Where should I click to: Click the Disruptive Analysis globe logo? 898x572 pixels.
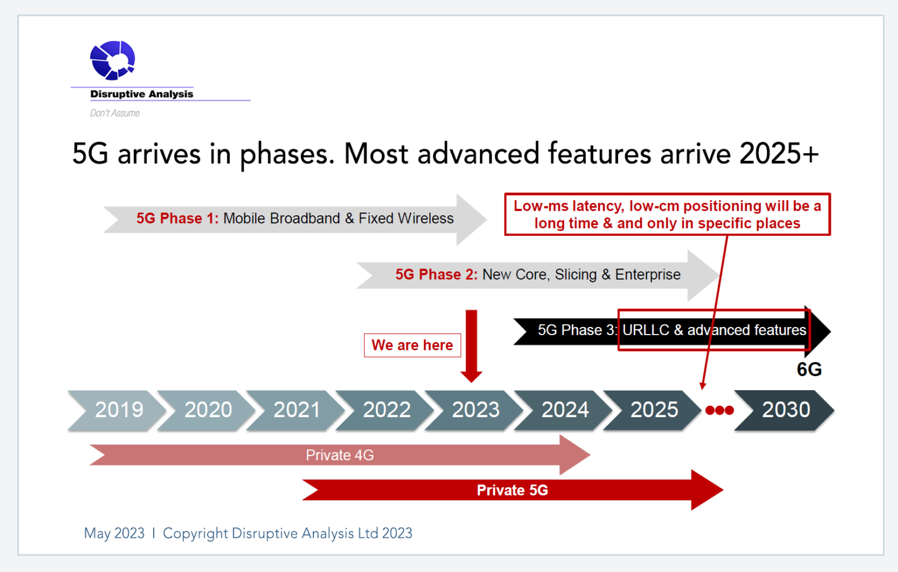(x=113, y=60)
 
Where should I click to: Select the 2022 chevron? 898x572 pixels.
(x=386, y=410)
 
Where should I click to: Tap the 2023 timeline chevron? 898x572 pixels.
(x=475, y=410)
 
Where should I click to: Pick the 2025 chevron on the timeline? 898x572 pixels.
(x=654, y=410)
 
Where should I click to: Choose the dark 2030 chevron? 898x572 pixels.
(x=785, y=410)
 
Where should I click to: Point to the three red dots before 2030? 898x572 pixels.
(x=719, y=411)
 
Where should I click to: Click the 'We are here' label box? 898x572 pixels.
(x=412, y=345)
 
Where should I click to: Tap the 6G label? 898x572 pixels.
(x=809, y=370)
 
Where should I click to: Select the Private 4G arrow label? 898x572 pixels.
(x=340, y=455)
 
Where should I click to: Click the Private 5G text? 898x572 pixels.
(x=512, y=490)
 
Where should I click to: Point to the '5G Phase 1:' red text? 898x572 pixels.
(x=177, y=219)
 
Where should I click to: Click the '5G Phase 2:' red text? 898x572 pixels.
(x=436, y=275)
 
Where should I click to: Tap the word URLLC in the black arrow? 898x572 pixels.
(x=645, y=330)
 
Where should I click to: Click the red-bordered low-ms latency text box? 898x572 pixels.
(x=667, y=215)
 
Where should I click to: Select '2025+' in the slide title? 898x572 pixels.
(x=779, y=154)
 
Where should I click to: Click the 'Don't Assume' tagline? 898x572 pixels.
(x=115, y=113)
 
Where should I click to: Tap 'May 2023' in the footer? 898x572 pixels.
(x=114, y=533)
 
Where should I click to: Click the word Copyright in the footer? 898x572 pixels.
(x=195, y=533)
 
